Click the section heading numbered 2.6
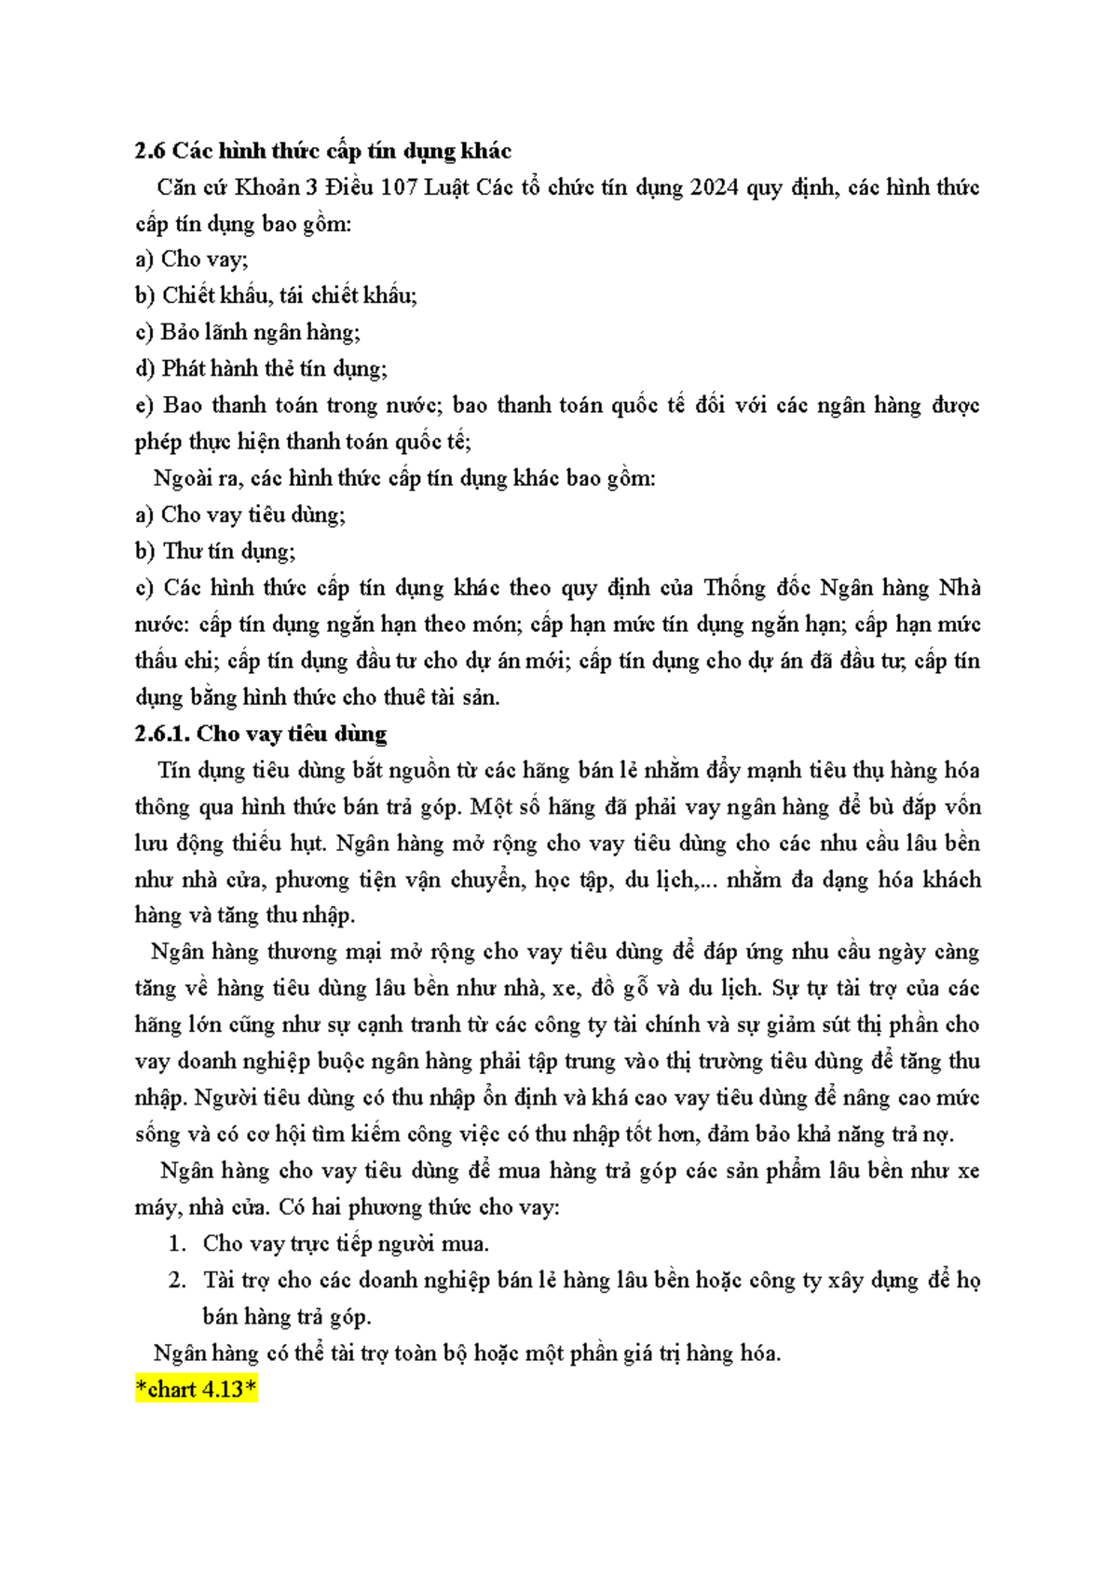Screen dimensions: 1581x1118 click(x=322, y=151)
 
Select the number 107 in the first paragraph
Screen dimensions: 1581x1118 click(x=398, y=187)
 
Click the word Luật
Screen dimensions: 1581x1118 click(x=448, y=187)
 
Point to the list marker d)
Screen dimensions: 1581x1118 click(x=144, y=369)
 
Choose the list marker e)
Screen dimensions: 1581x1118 click(x=144, y=406)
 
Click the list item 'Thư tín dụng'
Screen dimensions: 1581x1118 click(x=229, y=552)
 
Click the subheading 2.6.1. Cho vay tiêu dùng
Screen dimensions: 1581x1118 click(x=260, y=734)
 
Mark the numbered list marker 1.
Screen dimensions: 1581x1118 click(x=177, y=1244)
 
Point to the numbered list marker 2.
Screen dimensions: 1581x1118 click(x=177, y=1280)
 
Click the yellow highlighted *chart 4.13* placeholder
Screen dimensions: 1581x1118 click(x=196, y=1390)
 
